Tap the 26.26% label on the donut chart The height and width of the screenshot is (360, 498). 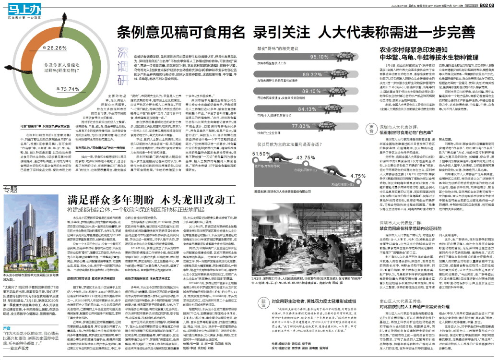point(57,48)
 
